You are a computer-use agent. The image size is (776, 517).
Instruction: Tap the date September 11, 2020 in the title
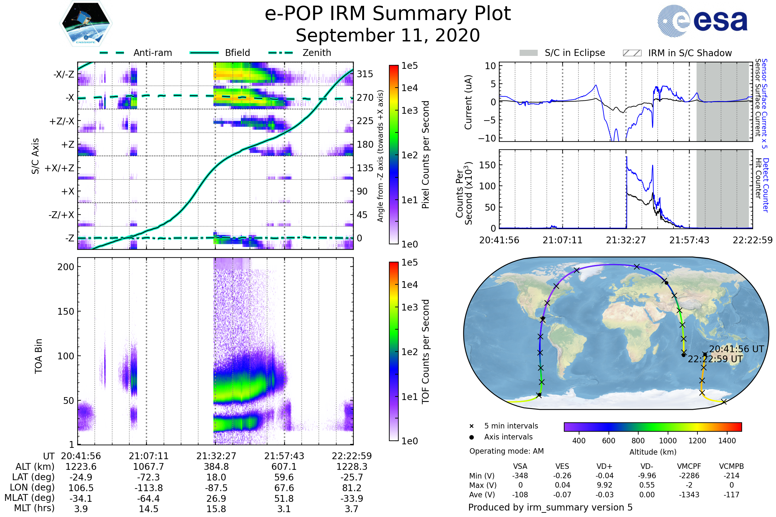388,36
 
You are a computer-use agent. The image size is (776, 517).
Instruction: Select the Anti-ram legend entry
152,53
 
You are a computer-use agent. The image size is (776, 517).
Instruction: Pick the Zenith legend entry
317,53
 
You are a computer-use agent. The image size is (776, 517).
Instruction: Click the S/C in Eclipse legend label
575,53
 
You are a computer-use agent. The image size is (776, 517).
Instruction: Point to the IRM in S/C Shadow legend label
690,53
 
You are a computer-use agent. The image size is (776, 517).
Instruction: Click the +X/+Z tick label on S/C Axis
59,168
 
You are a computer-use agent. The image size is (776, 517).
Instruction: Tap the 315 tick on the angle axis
365,74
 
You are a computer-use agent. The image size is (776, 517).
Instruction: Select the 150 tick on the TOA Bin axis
66,311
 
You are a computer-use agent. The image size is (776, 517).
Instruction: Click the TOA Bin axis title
38,356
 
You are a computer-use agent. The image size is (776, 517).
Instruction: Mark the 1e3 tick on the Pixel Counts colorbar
409,111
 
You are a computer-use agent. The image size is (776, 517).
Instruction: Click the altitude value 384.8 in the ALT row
216,467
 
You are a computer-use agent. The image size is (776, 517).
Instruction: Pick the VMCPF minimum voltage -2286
689,476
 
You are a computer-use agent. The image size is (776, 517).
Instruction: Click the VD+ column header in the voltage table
604,466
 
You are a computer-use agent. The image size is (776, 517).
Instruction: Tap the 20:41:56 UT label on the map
737,349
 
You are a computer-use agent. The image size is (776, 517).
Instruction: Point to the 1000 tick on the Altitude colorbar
668,441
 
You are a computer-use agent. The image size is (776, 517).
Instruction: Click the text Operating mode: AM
506,451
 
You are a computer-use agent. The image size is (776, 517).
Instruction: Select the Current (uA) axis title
468,102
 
